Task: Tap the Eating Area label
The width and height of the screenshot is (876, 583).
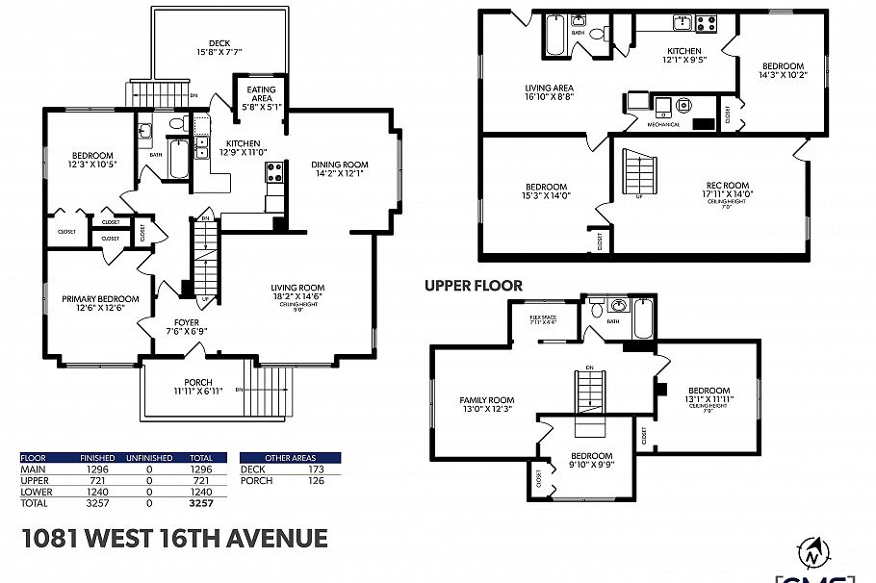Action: click(x=261, y=89)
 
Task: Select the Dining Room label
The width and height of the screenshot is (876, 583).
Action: click(x=339, y=165)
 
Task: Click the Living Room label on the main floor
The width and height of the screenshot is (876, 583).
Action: click(x=297, y=288)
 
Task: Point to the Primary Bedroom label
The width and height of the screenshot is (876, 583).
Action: click(x=100, y=299)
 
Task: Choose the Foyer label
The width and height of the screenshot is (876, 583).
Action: click(x=187, y=323)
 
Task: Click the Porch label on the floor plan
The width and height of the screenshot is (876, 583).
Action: click(x=198, y=382)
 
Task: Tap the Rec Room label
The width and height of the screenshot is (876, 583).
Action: click(x=727, y=186)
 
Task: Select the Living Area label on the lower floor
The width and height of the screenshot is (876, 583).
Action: click(x=550, y=89)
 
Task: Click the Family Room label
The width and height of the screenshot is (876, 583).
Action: click(x=487, y=400)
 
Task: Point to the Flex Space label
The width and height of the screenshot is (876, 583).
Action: click(x=544, y=317)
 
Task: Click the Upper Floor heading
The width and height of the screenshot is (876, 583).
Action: click(x=474, y=286)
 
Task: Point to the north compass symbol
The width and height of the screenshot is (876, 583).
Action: click(x=813, y=553)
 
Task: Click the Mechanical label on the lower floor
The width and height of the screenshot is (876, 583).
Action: click(x=663, y=124)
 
